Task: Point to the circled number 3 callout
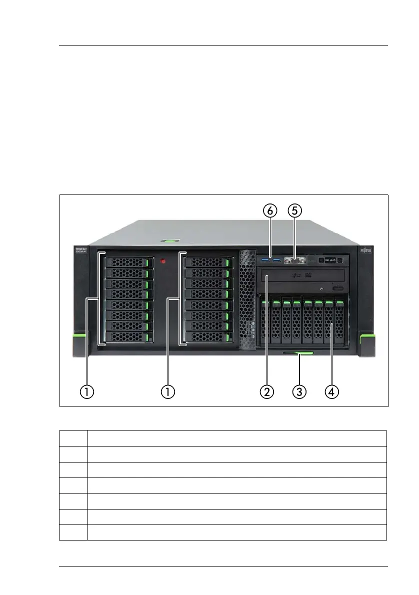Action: pos(298,391)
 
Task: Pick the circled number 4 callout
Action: pos(330,391)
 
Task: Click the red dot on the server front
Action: pos(162,261)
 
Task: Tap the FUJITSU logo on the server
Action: pos(366,250)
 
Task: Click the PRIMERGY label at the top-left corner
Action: pos(81,249)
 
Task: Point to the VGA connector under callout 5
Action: pos(293,260)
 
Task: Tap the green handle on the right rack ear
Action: pos(367,340)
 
